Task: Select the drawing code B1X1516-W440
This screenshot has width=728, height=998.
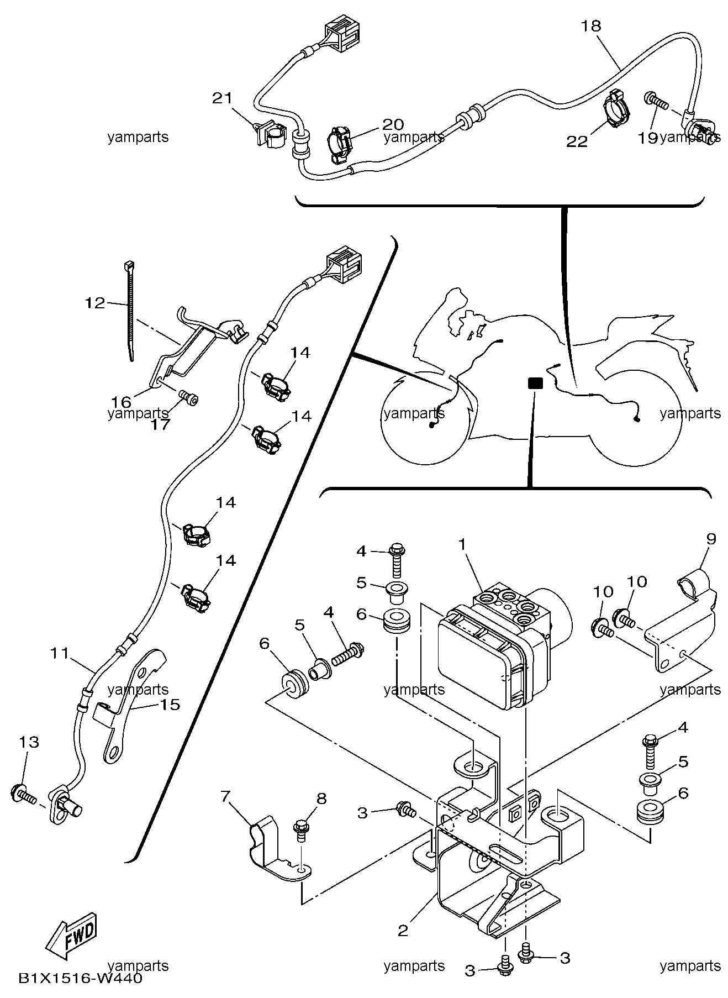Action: tap(80, 979)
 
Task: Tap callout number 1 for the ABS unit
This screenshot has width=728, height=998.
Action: tap(462, 544)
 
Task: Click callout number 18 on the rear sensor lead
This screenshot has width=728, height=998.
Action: tap(591, 26)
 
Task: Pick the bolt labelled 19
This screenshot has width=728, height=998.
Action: tap(656, 101)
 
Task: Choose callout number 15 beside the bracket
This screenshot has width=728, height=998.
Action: tap(171, 705)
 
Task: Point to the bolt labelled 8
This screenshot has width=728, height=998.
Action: tap(302, 828)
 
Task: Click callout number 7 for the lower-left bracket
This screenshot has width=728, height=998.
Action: tap(225, 796)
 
